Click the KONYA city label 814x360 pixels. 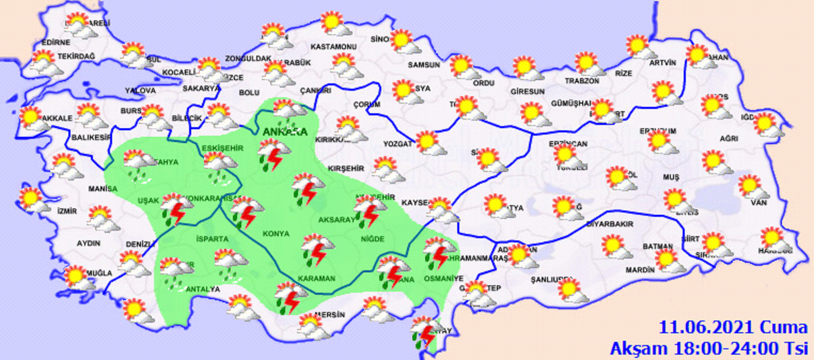276,233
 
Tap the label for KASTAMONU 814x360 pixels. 333,46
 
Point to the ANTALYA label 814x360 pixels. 201,289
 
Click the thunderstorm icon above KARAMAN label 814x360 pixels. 318,249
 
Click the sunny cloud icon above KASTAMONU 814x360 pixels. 334,24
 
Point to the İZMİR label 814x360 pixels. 67,210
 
